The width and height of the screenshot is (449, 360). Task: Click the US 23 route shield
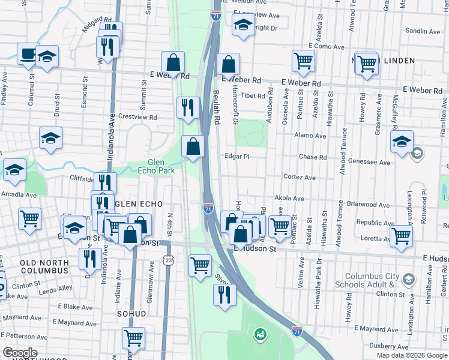(x=169, y=258)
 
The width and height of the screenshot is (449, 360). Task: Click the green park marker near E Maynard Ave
(x=259, y=333)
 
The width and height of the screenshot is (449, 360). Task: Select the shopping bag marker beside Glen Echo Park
(x=193, y=146)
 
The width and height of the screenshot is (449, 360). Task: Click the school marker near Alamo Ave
(x=401, y=141)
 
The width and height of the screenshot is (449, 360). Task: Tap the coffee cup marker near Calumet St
(x=28, y=54)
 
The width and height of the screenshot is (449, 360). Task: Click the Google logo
(x=20, y=353)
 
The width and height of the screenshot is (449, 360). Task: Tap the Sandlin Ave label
(x=423, y=31)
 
